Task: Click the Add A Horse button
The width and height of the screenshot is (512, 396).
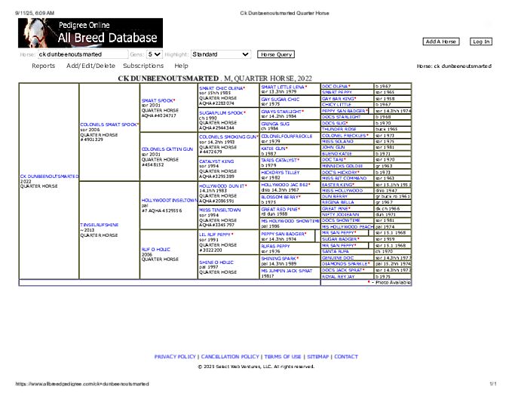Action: coord(441,41)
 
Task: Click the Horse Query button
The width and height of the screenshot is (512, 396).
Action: coord(276,54)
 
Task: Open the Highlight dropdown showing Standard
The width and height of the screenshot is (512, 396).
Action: coord(220,54)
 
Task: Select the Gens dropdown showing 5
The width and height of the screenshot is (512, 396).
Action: coord(155,54)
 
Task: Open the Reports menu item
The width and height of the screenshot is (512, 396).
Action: coord(43,66)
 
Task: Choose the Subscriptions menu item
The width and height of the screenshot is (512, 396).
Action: coord(143,66)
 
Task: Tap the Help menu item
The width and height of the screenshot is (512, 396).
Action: coord(181,66)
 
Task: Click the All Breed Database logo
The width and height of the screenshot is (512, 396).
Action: coord(89,33)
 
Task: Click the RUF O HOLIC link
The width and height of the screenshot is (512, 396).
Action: coord(155,249)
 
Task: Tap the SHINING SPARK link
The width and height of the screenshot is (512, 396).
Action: coord(279,258)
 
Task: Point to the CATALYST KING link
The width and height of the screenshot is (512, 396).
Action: coord(216,161)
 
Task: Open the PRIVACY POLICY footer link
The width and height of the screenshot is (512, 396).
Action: coord(175,357)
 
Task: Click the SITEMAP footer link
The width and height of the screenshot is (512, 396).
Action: coord(318,357)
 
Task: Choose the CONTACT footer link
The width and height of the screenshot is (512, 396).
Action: coord(346,357)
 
